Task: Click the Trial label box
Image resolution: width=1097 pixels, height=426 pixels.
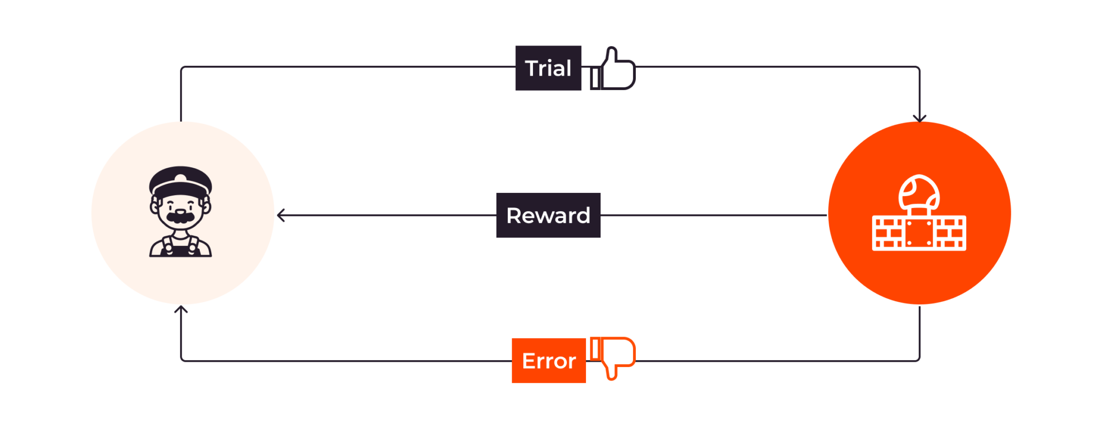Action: click(548, 68)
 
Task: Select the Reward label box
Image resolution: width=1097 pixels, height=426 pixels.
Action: click(548, 215)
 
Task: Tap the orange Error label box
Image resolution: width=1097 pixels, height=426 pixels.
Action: click(548, 361)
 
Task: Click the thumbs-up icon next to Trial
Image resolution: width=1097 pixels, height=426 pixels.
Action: click(613, 69)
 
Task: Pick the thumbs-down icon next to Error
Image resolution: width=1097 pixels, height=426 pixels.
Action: click(613, 358)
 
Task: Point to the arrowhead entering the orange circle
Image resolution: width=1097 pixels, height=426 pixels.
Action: click(919, 118)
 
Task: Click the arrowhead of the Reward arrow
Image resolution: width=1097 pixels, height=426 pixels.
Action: click(281, 215)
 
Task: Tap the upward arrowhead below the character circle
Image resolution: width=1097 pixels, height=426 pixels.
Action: click(181, 310)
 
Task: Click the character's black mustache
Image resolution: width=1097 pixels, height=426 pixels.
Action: click(181, 217)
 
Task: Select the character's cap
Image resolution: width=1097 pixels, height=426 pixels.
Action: click(181, 181)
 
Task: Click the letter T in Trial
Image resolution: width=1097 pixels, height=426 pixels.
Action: click(532, 69)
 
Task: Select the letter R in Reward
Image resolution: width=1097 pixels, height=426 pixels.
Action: click(514, 215)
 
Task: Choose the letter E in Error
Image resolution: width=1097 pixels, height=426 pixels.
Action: click(529, 361)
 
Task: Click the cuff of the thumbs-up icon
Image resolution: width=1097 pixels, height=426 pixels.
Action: click(595, 78)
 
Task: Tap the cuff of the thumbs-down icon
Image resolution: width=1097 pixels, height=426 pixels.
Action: click(595, 348)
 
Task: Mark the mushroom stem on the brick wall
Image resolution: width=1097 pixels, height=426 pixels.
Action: click(919, 211)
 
